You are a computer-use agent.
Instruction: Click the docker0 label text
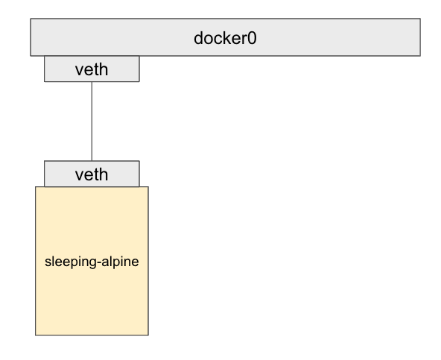225,37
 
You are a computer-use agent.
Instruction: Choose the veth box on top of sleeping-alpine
92,174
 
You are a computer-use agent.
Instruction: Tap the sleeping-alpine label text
92,263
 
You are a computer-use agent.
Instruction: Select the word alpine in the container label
118,263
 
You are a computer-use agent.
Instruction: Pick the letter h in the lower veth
104,174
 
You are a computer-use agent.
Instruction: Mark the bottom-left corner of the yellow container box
36,335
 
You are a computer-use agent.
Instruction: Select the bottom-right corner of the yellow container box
148,335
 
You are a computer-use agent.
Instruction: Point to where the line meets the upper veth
92,82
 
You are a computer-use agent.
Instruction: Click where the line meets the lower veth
92,160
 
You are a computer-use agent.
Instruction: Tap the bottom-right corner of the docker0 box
420,55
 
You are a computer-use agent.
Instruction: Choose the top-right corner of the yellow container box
148,187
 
